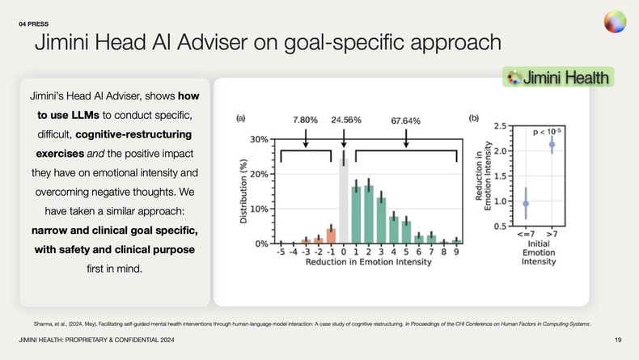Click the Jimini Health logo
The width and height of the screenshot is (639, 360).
coord(558,78)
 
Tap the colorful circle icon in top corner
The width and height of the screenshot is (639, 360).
coord(614,22)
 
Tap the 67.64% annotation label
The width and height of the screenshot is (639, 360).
coord(404,120)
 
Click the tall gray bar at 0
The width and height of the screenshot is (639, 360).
coord(343,202)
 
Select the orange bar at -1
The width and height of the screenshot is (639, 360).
coord(331,235)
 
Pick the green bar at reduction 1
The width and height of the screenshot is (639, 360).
coord(355,215)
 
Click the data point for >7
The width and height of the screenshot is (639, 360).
coord(552,145)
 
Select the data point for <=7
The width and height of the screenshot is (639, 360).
coord(526,204)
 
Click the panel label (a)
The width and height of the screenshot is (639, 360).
coord(240,119)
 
